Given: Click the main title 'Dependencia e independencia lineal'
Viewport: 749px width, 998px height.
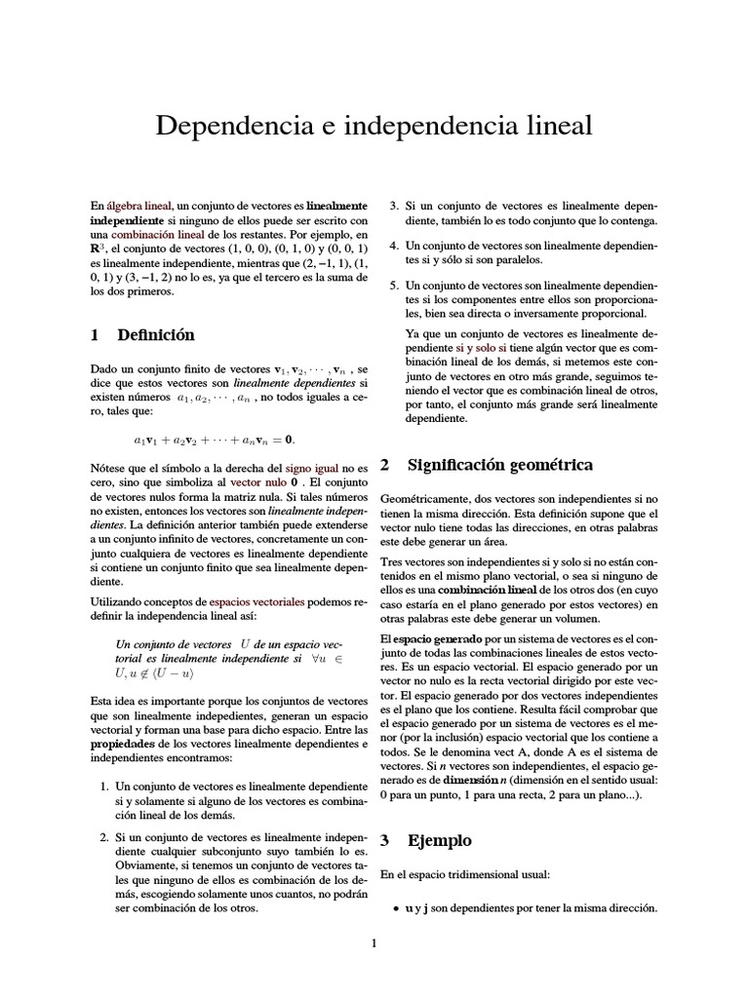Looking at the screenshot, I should tap(374, 127).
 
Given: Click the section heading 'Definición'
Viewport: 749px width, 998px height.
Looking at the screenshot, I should tap(156, 335).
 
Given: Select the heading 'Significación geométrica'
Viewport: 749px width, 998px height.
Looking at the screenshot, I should tap(500, 465).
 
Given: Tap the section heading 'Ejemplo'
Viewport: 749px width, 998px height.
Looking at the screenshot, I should tap(439, 840).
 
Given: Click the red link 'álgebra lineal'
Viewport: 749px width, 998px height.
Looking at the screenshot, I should tap(140, 207).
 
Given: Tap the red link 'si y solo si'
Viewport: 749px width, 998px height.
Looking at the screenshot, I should tap(481, 347).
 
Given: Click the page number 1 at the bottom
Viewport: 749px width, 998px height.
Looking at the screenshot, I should tap(374, 942).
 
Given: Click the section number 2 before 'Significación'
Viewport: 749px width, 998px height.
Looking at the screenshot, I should tap(384, 465).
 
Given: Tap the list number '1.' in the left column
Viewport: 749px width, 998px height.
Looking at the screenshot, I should tap(106, 786).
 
